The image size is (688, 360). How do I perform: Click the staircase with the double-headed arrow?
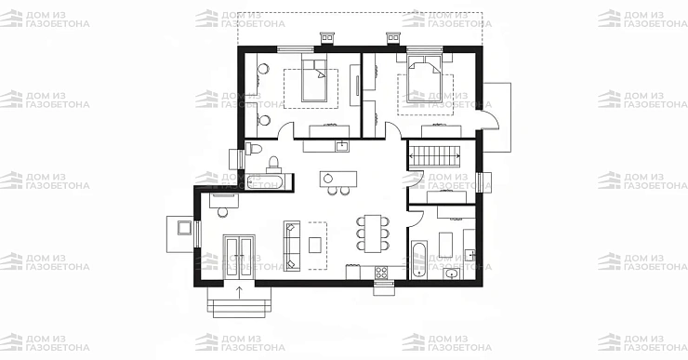pos(434,156)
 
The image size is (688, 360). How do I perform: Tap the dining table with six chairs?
pos(373,233)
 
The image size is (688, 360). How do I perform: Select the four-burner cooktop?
pos(381,273)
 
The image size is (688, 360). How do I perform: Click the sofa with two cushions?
pos(292,246)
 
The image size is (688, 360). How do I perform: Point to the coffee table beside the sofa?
pos(314,245)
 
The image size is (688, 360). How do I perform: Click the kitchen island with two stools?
pos(337,179)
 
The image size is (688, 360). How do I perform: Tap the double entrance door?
pos(239,257)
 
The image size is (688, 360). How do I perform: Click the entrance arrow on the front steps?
pos(239,292)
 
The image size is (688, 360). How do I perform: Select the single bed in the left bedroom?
pos(314,80)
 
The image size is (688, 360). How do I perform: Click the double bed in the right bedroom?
pos(424,80)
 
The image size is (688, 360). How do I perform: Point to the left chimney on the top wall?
pos(327,39)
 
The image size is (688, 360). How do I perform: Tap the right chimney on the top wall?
pos(392,39)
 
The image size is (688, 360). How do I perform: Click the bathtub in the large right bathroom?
pos(419,259)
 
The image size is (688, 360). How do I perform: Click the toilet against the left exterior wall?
pos(254,149)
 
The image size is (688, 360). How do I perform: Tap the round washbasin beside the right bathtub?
pos(452,274)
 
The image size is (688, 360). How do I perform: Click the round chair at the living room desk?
pos(223,212)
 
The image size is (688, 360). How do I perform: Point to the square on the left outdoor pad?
pos(184,228)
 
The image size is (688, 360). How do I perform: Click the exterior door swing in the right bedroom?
pos(491,118)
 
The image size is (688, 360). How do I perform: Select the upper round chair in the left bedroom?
pos(263,69)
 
